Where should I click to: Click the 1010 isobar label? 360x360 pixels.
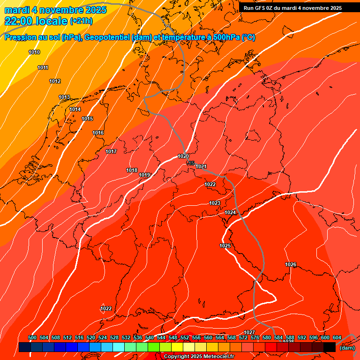pos(34,52)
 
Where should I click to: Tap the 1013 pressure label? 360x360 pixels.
pos(64,97)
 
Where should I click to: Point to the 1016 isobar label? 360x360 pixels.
pos(98,133)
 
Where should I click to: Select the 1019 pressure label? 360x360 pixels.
pos(144,175)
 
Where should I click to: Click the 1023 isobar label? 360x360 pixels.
pos(215,203)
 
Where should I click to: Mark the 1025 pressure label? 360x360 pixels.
pos(225,246)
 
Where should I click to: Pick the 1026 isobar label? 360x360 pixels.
pos(291,265)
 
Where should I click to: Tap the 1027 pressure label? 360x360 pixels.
pos(249,332)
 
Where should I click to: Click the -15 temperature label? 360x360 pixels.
pos(191,163)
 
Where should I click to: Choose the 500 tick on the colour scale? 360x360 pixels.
pos(32,337)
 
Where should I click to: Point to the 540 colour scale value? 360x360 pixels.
pos(150,337)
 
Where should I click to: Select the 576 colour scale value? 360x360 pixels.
pos(255,337)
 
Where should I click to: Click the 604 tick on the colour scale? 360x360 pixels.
pos(337,337)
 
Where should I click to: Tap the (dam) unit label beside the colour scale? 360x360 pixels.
pos(347,348)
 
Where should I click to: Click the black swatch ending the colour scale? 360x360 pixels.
pos(330,347)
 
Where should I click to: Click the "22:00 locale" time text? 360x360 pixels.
pos(36,21)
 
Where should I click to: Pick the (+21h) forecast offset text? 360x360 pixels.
pos(81,21)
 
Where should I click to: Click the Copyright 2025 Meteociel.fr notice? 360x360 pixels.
pos(199,357)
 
